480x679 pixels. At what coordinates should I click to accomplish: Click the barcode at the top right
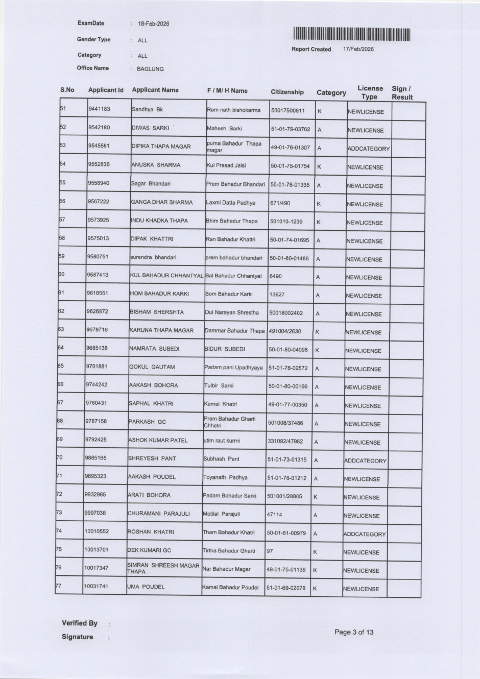(x=352, y=34)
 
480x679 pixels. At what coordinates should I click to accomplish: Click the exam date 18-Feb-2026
(x=154, y=24)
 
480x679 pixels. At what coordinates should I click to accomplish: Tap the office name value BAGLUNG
(x=150, y=69)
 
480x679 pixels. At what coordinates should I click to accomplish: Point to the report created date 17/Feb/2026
(x=358, y=50)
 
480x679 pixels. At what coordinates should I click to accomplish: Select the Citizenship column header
(x=287, y=92)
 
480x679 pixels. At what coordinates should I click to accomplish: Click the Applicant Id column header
(x=106, y=90)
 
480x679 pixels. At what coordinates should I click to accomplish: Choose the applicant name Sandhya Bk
(x=147, y=110)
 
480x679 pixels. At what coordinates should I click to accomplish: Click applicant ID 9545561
(x=99, y=145)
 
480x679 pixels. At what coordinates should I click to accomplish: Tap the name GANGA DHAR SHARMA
(x=162, y=202)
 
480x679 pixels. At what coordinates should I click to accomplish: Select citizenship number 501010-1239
(x=286, y=221)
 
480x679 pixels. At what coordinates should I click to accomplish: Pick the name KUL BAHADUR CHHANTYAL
(x=166, y=276)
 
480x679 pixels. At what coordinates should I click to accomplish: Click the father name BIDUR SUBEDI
(x=225, y=349)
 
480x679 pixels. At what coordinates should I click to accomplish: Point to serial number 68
(x=60, y=421)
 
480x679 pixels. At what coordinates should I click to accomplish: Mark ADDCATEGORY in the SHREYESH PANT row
(x=365, y=460)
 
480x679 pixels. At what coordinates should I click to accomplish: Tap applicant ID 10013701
(x=97, y=550)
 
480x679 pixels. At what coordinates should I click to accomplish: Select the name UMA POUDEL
(x=146, y=587)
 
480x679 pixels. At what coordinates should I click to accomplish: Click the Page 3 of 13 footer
(x=354, y=632)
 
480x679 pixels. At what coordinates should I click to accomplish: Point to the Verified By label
(x=80, y=623)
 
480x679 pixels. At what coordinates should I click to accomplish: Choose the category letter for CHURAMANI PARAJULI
(x=315, y=516)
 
